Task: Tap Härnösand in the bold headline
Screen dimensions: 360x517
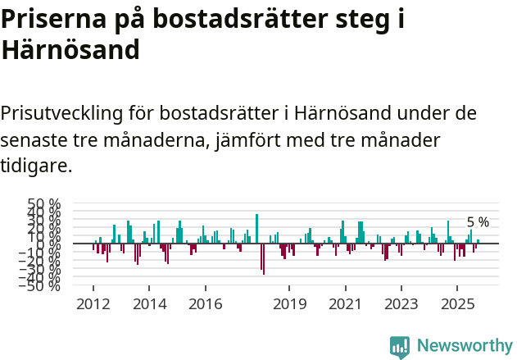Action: pos(70,52)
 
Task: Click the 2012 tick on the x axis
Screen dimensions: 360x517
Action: pos(93,304)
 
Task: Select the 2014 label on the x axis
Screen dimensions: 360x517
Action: pos(149,304)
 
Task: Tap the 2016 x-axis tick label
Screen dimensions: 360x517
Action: pos(205,304)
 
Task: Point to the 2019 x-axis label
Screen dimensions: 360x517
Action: pos(289,304)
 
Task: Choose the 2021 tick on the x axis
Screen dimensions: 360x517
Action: pos(345,304)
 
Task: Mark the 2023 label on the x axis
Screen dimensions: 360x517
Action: pos(401,304)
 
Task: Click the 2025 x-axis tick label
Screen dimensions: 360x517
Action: pos(457,304)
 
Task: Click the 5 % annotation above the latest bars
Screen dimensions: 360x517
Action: pos(478,222)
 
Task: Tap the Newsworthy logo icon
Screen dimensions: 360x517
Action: pos(400,346)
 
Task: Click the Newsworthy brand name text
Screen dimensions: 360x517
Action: pos(465,346)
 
